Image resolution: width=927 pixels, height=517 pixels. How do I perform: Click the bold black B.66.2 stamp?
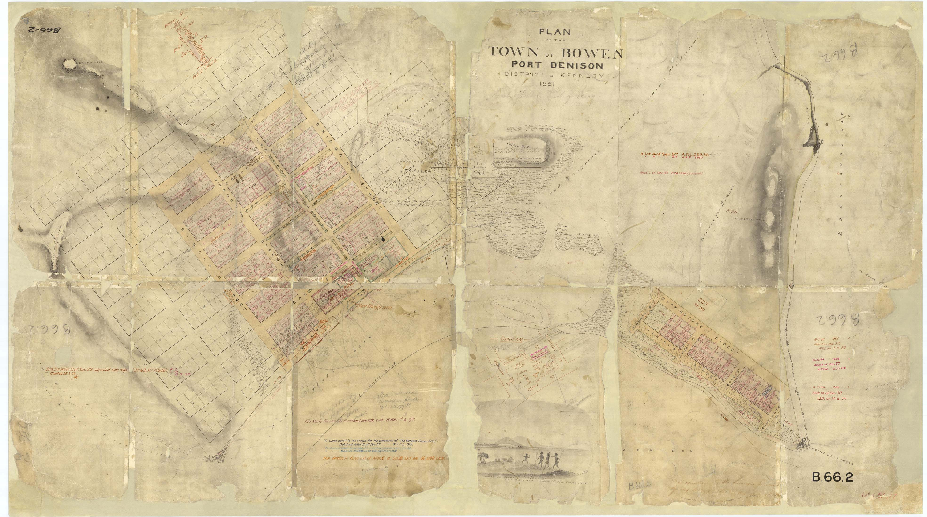point(832,478)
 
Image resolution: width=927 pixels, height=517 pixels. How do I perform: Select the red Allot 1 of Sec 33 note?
point(671,173)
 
